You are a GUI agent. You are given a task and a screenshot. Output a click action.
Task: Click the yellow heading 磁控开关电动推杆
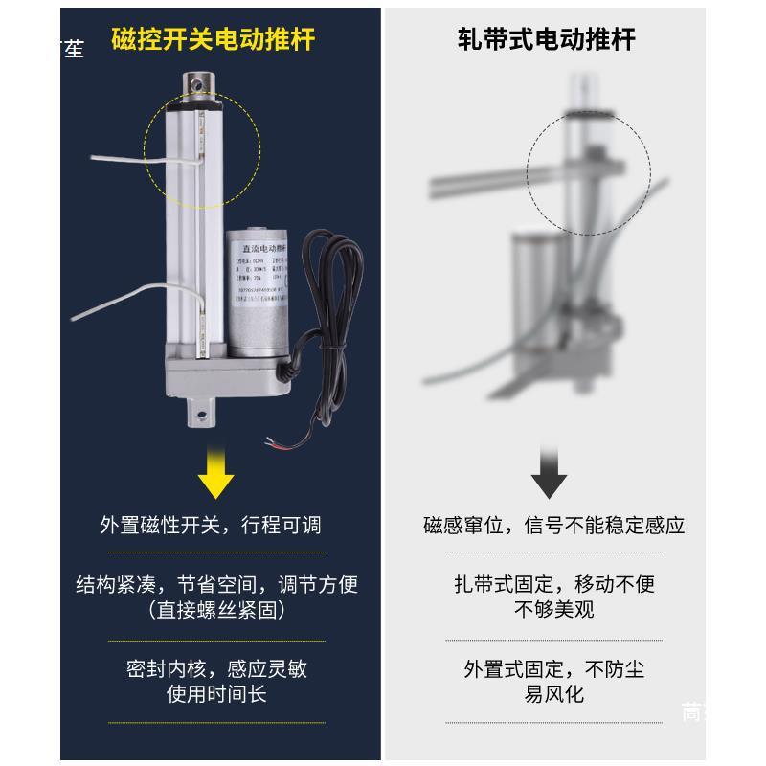[213, 39]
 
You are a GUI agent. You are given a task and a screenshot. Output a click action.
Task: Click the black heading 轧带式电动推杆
[547, 39]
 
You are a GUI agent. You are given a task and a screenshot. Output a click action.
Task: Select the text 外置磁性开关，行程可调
[211, 526]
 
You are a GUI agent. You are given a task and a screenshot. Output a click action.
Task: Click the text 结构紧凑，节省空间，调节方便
[216, 585]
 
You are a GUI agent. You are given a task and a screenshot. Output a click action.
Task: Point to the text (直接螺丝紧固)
[216, 609]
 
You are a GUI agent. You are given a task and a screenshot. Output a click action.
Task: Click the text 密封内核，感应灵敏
[216, 668]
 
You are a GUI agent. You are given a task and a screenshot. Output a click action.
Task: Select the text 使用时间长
[216, 693]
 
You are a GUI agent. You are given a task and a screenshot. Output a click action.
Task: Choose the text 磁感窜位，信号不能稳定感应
[554, 526]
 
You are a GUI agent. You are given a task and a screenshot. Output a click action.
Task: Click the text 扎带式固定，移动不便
[554, 585]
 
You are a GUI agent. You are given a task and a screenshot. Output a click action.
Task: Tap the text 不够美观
[554, 609]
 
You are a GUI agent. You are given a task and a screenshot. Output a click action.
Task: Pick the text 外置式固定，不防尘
[554, 668]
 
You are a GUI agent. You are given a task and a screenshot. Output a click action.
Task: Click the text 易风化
[554, 693]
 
